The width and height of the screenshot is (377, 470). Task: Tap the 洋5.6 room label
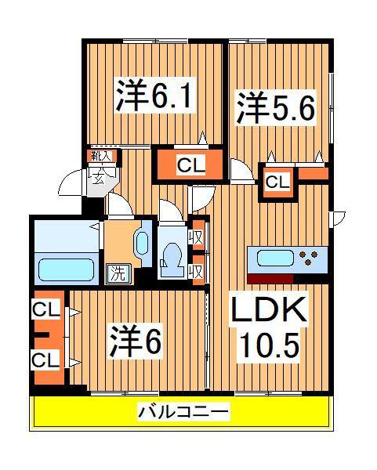pos(276,108)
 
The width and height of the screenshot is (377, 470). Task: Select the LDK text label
pos(266,312)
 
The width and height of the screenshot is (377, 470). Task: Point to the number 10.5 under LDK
pos(266,345)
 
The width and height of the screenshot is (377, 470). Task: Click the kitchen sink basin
pos(271,258)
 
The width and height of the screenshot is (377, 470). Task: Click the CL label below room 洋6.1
pos(186,165)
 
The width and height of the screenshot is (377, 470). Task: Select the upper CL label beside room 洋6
pos(45,310)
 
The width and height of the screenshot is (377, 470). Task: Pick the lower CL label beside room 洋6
pos(45,360)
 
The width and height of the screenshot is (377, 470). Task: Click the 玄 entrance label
pos(100,176)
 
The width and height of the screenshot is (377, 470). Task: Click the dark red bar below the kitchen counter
pos(270,278)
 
